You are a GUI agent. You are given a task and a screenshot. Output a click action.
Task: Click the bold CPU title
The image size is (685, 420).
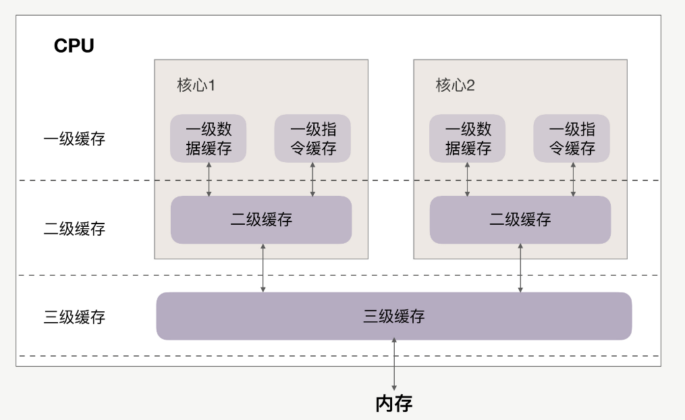coord(74,46)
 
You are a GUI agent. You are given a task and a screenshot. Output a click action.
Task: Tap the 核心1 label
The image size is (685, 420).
coord(196,86)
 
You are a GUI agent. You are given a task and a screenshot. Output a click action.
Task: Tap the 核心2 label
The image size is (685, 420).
coord(455,86)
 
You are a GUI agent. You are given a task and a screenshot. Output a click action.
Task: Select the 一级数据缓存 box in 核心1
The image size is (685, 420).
coord(208,138)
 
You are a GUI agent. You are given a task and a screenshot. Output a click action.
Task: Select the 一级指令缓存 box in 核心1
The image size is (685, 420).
coord(312,138)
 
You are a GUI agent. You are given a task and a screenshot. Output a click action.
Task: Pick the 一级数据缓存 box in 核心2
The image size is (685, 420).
coord(468,138)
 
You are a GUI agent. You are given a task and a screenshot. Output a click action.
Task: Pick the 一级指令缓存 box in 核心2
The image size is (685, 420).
coord(572,138)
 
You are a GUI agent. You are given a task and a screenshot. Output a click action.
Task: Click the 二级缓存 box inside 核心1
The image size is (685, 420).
coord(261,219)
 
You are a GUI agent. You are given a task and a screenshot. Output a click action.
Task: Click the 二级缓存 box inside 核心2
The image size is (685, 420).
coord(520,219)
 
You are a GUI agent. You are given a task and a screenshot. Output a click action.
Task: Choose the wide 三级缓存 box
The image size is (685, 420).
coord(394,316)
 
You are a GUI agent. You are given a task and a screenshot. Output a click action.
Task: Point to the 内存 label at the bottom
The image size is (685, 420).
coord(394,404)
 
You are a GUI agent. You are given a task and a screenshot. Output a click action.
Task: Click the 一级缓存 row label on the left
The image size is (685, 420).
coord(74,140)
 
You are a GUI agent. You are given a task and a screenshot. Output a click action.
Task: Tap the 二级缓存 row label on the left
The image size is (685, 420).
coord(74,228)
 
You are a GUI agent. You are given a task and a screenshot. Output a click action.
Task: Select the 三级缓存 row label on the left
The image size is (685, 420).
coord(74,317)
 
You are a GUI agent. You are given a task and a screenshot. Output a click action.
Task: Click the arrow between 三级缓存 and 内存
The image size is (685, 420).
coord(394,364)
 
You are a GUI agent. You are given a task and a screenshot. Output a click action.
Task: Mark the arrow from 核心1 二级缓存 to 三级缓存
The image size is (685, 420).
coord(263,268)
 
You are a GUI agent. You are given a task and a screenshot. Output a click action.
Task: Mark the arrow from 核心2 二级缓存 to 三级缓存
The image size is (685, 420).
coord(520,268)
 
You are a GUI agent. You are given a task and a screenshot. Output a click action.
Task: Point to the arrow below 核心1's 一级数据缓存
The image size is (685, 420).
coord(209,179)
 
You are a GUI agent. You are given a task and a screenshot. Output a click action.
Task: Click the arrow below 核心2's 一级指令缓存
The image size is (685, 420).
coord(573,179)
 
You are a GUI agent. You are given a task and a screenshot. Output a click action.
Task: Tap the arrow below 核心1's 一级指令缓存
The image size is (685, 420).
coord(312,179)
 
